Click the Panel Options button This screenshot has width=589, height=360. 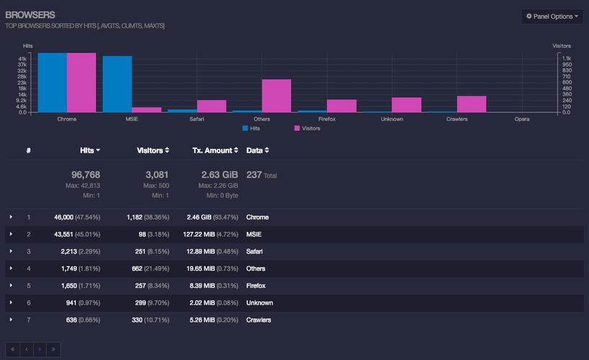552,17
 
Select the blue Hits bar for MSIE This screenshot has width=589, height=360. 117,84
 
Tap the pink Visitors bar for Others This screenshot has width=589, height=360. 276,96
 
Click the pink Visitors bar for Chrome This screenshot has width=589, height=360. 81,83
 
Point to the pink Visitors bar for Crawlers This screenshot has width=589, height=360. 472,104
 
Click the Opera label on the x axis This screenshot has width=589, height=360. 522,119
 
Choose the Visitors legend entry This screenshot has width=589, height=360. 307,128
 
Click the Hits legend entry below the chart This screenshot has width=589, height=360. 251,128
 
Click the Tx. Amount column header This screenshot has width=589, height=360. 215,150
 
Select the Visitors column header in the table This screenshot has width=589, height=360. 153,150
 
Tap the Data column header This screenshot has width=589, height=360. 258,150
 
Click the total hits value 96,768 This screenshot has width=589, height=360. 86,175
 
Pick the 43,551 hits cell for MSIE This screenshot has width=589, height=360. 63,235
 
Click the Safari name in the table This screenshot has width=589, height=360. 254,251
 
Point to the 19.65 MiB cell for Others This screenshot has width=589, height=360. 201,269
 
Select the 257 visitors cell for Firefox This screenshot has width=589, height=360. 140,286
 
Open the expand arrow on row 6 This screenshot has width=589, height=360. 11,302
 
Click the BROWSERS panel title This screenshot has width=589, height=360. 30,15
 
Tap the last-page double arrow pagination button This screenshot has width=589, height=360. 53,349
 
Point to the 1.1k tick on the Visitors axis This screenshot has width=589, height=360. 567,58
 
